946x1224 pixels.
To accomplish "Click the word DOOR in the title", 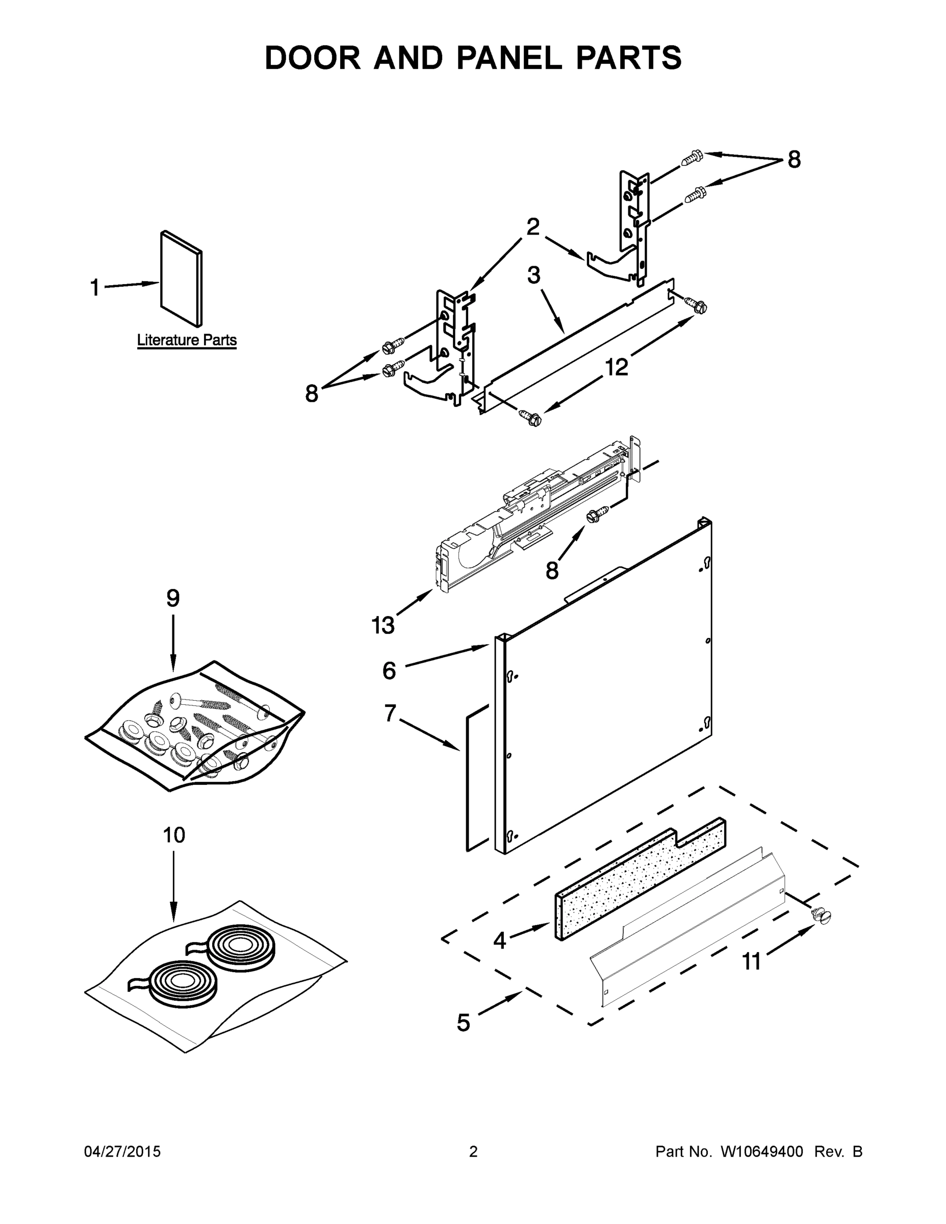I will coord(312,58).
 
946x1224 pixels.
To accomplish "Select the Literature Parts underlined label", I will coord(187,340).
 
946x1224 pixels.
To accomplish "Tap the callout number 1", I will coord(95,288).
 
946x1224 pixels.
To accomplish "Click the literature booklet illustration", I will coord(181,278).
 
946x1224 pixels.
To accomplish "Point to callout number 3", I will coord(533,275).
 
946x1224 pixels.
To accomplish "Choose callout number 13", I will coord(383,625).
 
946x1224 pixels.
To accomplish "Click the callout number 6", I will coord(389,670).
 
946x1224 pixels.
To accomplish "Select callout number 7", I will coord(390,713).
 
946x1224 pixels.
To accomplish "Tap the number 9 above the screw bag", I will coord(172,599).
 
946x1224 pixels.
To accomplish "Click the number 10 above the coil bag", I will coord(174,835).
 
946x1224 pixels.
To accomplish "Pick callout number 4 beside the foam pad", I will coord(499,941).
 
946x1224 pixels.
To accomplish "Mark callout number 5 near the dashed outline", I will coord(463,1023).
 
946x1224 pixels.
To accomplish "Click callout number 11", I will coord(752,962).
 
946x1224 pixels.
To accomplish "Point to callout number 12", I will coord(617,368).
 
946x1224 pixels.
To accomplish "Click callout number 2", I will coord(532,227).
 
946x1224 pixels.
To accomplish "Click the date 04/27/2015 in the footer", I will coord(122,1152).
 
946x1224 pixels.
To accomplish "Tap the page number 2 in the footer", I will coord(473,1152).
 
